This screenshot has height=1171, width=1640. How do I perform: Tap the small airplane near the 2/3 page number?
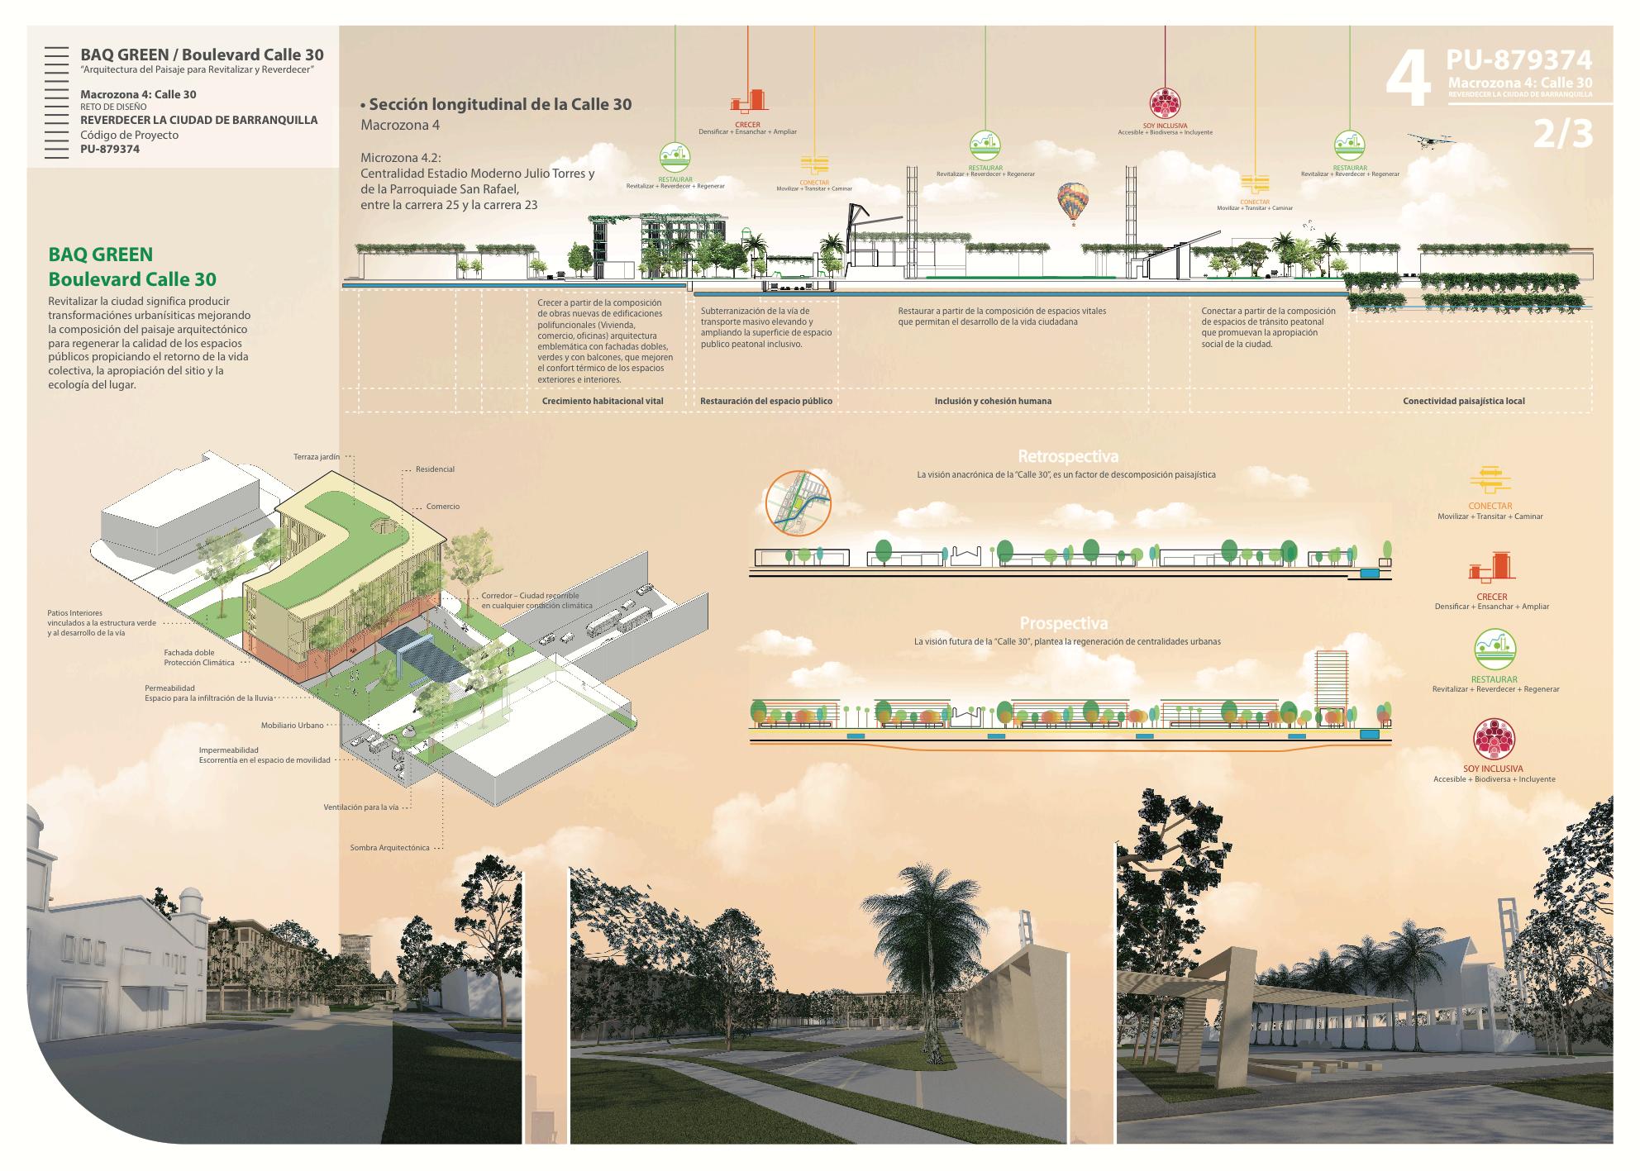click(x=1428, y=141)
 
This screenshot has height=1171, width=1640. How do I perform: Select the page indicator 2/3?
click(x=1562, y=135)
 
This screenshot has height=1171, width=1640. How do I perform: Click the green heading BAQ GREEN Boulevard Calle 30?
click(x=132, y=267)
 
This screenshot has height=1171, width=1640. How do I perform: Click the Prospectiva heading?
click(x=1064, y=624)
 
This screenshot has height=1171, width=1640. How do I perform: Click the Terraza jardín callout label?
click(x=317, y=456)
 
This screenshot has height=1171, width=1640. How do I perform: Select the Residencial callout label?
click(x=435, y=469)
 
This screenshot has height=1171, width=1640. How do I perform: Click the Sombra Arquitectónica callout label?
click(x=389, y=848)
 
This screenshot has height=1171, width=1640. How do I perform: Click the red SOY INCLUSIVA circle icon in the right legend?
click(x=1494, y=740)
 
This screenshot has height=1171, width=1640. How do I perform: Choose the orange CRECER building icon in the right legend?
click(x=1492, y=568)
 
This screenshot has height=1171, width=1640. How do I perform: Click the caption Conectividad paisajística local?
click(x=1463, y=401)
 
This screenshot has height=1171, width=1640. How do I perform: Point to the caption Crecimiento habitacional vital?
click(x=603, y=401)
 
